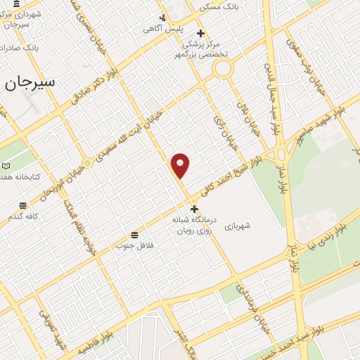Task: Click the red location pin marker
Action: (x=181, y=165)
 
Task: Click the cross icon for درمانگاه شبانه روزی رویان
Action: (x=195, y=209)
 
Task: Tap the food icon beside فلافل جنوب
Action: (x=134, y=234)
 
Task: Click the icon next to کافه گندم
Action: (x=23, y=205)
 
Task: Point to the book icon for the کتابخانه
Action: (x=6, y=165)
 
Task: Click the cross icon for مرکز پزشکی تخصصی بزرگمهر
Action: (x=200, y=33)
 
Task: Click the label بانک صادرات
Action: (x=17, y=48)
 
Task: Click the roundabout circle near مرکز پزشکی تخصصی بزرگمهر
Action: (x=224, y=68)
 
